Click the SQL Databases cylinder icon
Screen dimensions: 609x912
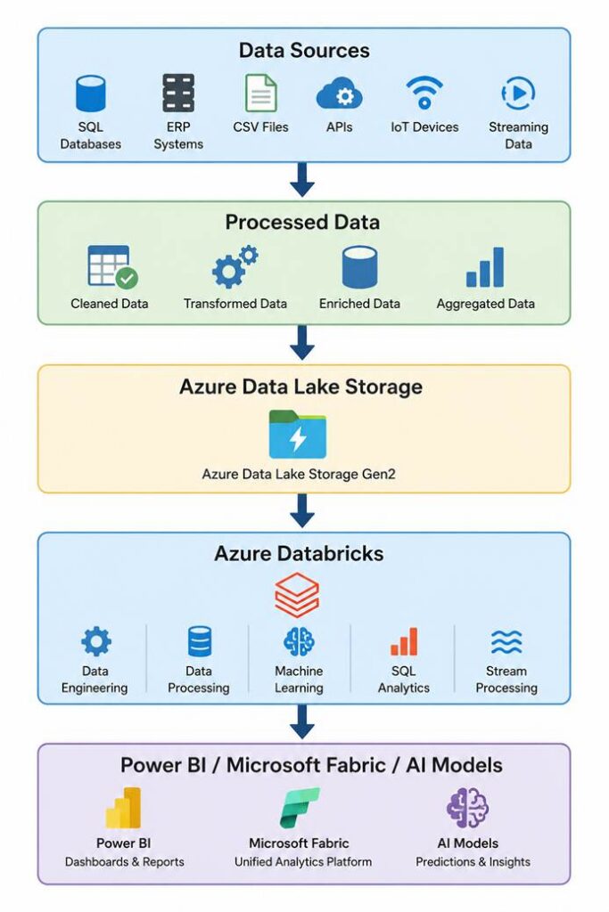(91, 93)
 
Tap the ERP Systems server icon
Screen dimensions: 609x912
(178, 93)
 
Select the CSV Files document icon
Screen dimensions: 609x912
(261, 93)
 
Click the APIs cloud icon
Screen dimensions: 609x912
(340, 94)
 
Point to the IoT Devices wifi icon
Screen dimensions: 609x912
(424, 93)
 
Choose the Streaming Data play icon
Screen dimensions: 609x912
(518, 93)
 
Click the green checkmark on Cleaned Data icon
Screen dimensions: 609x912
(127, 278)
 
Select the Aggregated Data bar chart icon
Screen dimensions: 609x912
(485, 267)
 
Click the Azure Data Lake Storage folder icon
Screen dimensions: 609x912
(298, 434)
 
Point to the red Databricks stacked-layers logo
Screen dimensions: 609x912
(297, 594)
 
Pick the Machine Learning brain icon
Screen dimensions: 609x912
(299, 641)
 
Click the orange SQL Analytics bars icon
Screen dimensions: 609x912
(404, 641)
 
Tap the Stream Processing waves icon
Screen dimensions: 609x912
(506, 642)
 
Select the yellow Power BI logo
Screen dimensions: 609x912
(123, 808)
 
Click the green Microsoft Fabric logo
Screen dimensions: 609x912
(300, 808)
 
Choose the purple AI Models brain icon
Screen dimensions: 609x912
(467, 808)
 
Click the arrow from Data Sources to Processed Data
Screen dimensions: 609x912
(302, 180)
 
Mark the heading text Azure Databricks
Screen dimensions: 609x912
(299, 553)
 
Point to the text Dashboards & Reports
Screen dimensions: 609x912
(125, 862)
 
